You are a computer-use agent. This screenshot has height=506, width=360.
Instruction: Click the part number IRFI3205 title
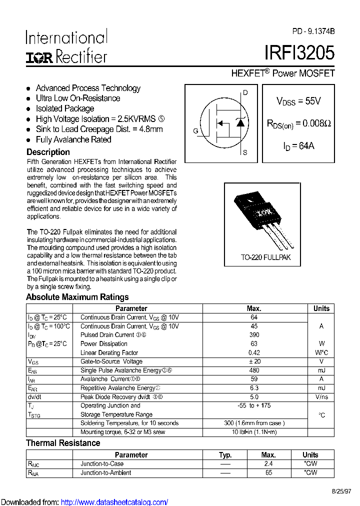[299, 52]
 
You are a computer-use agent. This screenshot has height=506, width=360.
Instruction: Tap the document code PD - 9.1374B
[313, 31]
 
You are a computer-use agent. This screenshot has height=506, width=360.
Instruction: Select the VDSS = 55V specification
[298, 101]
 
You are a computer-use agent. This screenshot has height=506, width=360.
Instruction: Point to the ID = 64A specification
[298, 146]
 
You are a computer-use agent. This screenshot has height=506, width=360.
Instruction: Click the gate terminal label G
[195, 131]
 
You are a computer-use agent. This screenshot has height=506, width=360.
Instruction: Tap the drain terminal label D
[245, 92]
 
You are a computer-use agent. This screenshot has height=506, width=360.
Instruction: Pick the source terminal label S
[245, 152]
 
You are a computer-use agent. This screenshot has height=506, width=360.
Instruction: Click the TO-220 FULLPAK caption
[265, 257]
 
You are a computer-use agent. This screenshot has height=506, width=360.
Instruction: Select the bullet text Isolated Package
[65, 108]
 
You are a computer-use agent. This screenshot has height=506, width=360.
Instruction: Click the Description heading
[48, 152]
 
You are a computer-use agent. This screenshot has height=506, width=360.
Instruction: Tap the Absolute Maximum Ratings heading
[77, 297]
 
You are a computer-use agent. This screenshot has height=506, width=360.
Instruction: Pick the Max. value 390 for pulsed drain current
[254, 335]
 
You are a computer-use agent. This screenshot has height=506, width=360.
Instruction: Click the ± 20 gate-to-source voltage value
[254, 361]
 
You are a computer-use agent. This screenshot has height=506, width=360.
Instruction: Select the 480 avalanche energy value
[254, 370]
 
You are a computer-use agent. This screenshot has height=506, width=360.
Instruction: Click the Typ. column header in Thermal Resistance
[225, 455]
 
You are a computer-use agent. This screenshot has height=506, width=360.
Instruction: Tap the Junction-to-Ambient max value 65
[268, 472]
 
